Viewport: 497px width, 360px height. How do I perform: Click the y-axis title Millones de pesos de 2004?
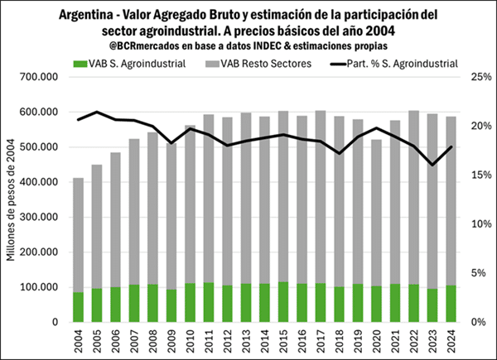click(x=12, y=199)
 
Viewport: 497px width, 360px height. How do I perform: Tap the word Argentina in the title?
click(x=91, y=15)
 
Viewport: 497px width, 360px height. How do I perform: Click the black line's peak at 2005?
click(x=97, y=112)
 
